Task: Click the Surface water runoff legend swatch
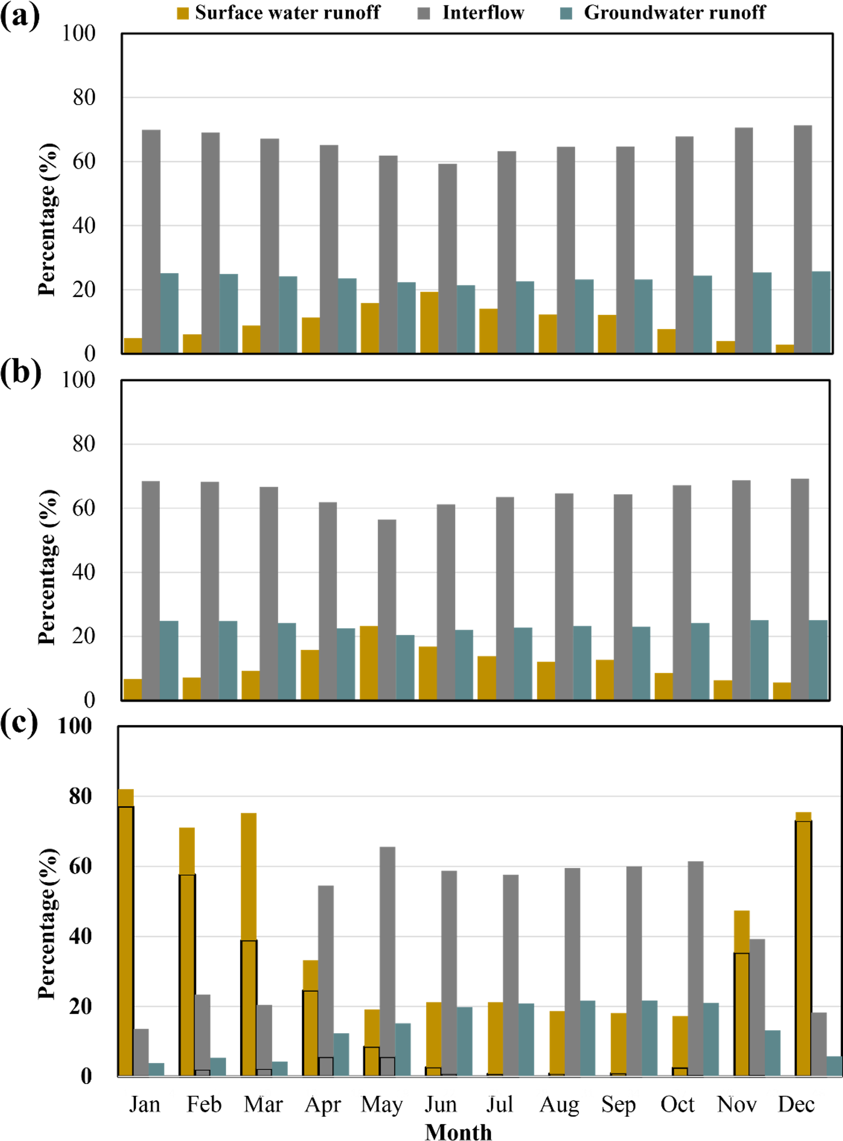[183, 13]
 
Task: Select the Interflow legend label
[483, 13]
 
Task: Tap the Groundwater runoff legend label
[674, 13]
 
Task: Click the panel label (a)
[20, 17]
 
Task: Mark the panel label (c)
[19, 723]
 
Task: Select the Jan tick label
[144, 1104]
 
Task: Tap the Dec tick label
[796, 1104]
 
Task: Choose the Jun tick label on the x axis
[441, 1104]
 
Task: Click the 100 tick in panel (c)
[74, 726]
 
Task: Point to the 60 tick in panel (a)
[84, 162]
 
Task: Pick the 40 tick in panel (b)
[84, 572]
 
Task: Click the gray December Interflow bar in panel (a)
[803, 240]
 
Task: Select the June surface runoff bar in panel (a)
[429, 322]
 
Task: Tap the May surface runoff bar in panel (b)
[369, 663]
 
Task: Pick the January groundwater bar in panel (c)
[156, 1070]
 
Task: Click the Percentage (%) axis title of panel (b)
[48, 567]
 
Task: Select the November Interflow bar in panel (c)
[757, 1008]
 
